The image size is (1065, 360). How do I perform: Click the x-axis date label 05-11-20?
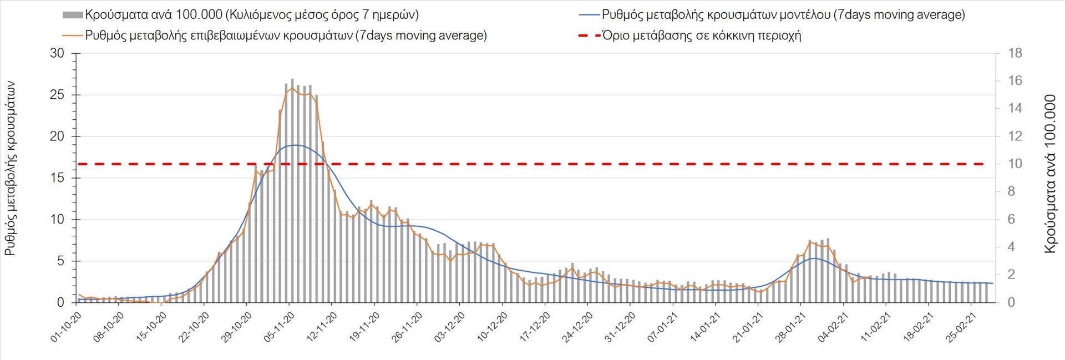[279, 327]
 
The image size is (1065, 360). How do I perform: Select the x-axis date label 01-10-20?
[66, 327]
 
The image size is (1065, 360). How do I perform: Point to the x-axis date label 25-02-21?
[961, 327]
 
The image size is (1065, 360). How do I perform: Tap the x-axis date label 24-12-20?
[577, 327]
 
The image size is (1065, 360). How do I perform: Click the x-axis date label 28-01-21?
[790, 327]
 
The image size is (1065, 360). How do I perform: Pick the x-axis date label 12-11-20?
[322, 327]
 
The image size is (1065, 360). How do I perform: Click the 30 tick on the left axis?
[57, 53]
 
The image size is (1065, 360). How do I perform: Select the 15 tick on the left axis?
[57, 178]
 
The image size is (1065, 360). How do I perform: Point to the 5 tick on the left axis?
[61, 261]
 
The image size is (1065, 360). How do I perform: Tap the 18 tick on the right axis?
[1015, 53]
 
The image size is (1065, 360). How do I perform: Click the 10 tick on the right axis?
[1015, 164]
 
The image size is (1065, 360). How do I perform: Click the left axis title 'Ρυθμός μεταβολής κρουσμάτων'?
[10, 168]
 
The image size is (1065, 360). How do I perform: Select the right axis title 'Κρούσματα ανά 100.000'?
[1050, 174]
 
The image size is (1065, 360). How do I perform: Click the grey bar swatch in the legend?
[73, 15]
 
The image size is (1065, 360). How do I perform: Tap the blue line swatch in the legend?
[589, 15]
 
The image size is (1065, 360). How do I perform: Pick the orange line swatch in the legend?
[73, 36]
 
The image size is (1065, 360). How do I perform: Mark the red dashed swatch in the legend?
[589, 36]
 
